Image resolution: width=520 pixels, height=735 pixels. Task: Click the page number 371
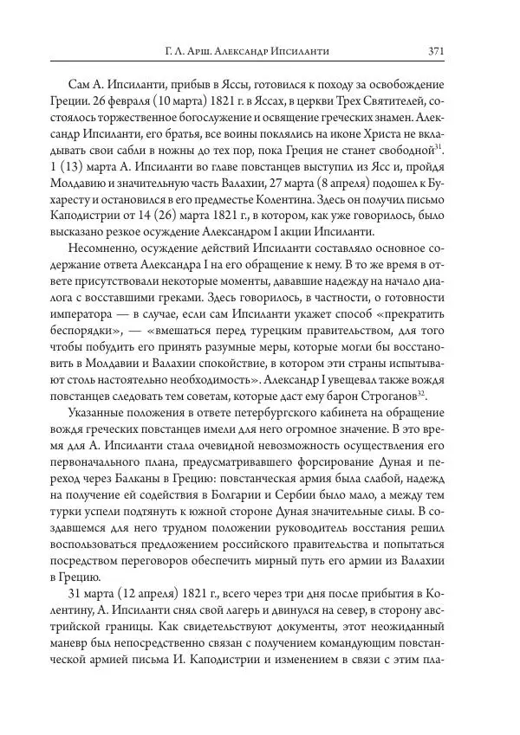click(436, 51)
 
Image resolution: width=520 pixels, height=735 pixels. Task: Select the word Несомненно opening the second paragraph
click(107, 250)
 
